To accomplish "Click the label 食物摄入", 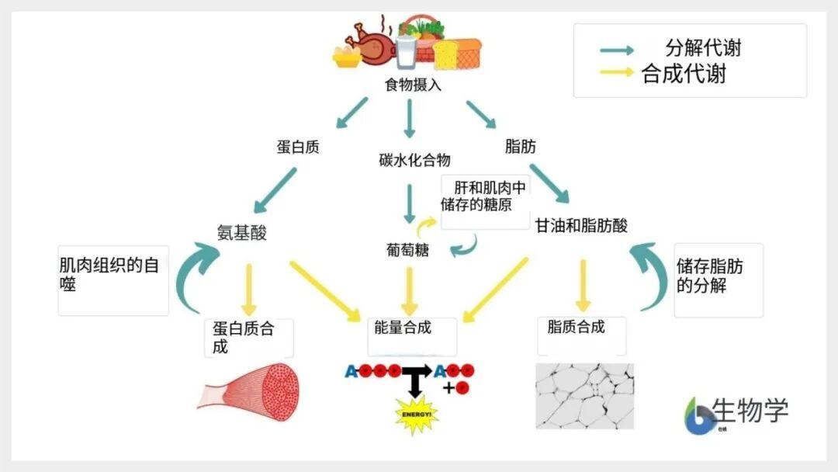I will pyautogui.click(x=413, y=85).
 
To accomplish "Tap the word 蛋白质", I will pyautogui.click(x=298, y=146).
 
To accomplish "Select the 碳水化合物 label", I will pyautogui.click(x=414, y=161).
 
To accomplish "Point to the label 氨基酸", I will pyautogui.click(x=241, y=232).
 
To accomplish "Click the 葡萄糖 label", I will pyautogui.click(x=407, y=250).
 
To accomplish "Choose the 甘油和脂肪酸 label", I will pyautogui.click(x=581, y=225).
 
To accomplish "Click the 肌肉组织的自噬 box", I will pyautogui.click(x=113, y=280).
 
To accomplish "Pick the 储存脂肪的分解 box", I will pyautogui.click(x=718, y=280).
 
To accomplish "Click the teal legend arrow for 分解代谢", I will pyautogui.click(x=618, y=50).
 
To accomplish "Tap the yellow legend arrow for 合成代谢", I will pyautogui.click(x=618, y=74).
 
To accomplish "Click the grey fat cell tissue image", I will pyautogui.click(x=584, y=396).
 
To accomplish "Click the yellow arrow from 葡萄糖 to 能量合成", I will pyautogui.click(x=410, y=290).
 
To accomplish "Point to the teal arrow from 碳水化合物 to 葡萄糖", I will pyautogui.click(x=410, y=203).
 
